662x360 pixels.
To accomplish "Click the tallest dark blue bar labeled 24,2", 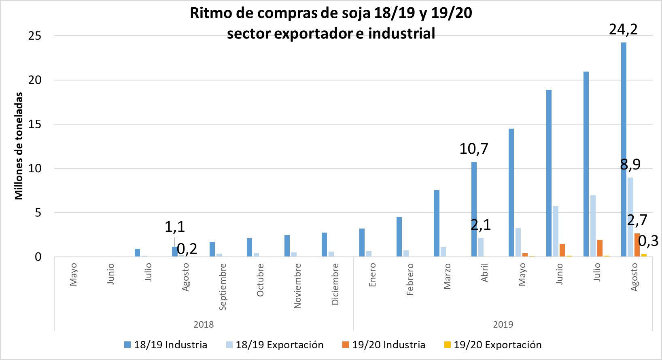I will (624, 150).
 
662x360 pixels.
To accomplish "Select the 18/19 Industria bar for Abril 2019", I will (474, 209).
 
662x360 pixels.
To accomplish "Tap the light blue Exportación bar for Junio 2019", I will (556, 231).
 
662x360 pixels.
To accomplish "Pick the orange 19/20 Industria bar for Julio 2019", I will (600, 248).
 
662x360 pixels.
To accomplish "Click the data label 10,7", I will (474, 149).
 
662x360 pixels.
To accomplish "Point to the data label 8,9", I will (630, 164).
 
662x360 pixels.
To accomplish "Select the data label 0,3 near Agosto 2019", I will (648, 241).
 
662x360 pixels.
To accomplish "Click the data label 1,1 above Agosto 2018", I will (175, 227).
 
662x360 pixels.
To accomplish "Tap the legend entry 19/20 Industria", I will (388, 345).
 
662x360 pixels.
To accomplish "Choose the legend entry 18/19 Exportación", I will (279, 345).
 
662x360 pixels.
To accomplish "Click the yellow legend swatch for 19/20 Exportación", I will (447, 345).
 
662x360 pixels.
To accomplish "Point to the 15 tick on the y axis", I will (35, 124).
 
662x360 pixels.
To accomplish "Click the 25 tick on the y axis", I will (35, 36).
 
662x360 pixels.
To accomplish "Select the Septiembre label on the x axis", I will (223, 286).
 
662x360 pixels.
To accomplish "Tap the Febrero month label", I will (410, 279).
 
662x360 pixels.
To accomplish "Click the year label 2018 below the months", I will (204, 324).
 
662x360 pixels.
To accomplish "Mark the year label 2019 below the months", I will (503, 324).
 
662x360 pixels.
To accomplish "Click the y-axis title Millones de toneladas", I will (19, 146).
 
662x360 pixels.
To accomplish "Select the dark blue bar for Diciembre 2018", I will (324, 245).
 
